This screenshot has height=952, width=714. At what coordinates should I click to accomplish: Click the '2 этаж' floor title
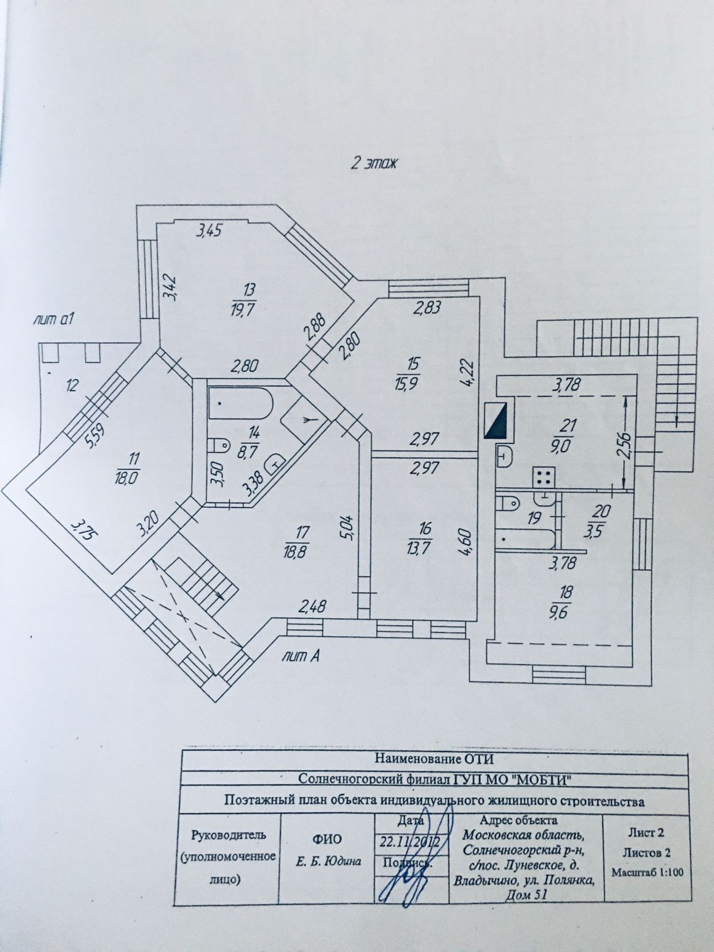(373, 165)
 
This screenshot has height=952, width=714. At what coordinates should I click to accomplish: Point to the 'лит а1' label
(55, 320)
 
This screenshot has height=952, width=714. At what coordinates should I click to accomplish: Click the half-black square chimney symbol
(496, 420)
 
